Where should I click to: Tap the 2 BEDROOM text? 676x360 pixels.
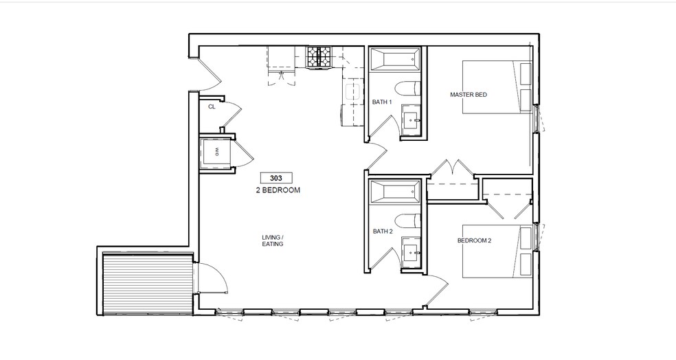(277, 190)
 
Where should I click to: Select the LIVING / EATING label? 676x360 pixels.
(273, 240)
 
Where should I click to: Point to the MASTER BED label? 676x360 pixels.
(468, 95)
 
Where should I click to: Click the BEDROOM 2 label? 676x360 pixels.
(474, 241)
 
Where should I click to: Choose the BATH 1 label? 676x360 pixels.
(381, 102)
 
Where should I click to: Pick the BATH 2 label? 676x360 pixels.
(382, 232)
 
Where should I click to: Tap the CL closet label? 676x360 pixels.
(212, 107)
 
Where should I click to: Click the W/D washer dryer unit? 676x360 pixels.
(215, 152)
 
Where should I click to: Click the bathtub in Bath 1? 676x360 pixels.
(394, 60)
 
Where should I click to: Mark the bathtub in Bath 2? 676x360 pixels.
(394, 192)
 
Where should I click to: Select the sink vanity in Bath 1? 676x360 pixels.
(412, 120)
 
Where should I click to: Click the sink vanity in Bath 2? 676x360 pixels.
(412, 251)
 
